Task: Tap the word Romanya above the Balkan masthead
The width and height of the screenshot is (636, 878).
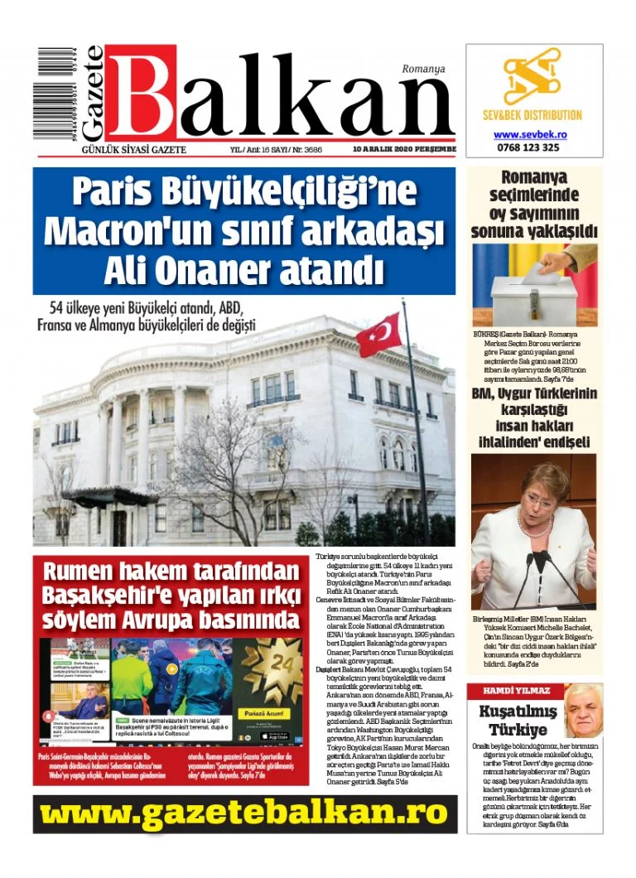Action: [x=423, y=69]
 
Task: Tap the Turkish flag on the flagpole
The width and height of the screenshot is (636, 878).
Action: [x=378, y=334]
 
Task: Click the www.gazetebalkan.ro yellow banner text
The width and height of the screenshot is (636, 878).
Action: [x=244, y=814]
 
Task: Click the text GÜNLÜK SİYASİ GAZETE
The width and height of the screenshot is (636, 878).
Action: [x=132, y=149]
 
